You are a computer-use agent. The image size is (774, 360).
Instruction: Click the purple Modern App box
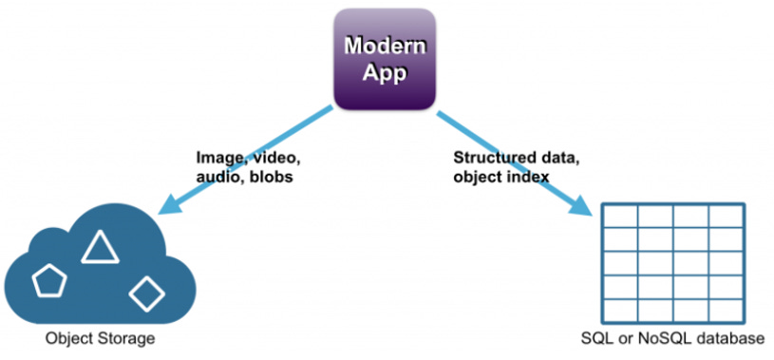[x=385, y=59]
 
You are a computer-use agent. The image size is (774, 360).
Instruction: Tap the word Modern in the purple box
[x=385, y=47]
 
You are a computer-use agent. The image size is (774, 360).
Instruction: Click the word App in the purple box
[x=385, y=72]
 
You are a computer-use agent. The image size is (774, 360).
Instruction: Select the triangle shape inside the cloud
[x=101, y=246]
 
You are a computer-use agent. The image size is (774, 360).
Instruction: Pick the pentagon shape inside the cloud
[x=49, y=280]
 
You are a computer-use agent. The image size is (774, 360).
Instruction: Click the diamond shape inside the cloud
[x=146, y=294]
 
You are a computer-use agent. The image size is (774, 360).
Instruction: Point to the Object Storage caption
[x=101, y=339]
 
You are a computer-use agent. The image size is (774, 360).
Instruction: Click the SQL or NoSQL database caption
[x=672, y=339]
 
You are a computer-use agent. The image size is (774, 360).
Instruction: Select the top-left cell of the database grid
[x=620, y=216]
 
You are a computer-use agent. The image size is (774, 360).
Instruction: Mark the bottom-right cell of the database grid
[x=727, y=310]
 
